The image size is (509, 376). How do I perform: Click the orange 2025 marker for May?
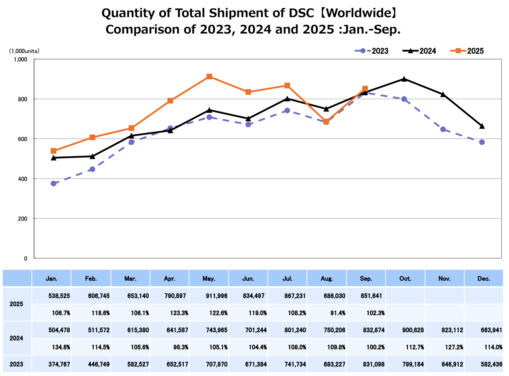coord(209,77)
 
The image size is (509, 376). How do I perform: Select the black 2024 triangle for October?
coord(404,79)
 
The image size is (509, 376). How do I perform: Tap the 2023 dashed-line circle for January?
coord(53,183)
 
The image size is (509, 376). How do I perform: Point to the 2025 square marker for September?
coord(365,89)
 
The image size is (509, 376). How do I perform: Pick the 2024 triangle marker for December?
coord(482,126)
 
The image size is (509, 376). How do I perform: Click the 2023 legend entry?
coord(372,51)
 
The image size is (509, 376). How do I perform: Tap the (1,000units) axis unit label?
coord(24,51)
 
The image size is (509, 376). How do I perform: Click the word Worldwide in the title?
coord(359,13)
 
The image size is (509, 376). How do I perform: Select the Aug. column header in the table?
coord(327,279)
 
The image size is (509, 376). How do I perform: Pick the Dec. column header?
coord(483,279)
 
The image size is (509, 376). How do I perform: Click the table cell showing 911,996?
coord(217,296)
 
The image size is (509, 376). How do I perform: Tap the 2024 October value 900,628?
coord(413,330)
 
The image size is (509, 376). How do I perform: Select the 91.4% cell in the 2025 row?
coord(338,313)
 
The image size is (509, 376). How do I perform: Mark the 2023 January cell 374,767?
coord(59,364)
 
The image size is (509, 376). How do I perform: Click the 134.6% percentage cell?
coord(61,347)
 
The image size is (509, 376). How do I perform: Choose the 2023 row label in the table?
coord(16,364)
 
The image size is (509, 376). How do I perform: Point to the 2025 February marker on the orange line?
coord(92,137)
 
